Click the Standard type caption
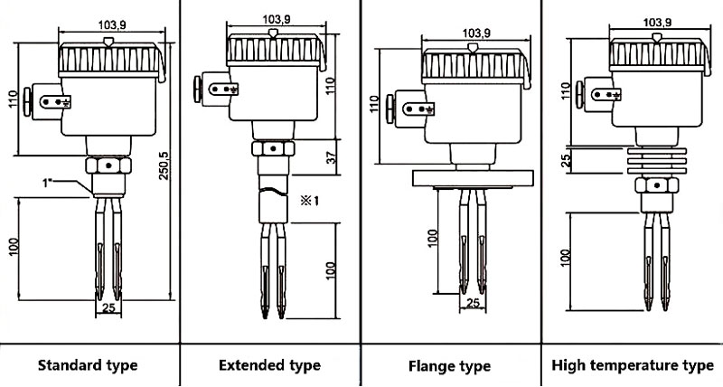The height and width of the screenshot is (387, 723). (x=88, y=365)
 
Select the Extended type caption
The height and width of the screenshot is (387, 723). (x=269, y=365)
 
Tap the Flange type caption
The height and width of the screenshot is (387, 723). (x=450, y=366)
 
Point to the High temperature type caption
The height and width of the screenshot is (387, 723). (x=631, y=365)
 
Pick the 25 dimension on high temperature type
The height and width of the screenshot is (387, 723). (x=566, y=160)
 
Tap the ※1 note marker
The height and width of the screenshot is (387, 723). (x=310, y=199)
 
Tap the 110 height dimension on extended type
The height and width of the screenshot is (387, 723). (x=331, y=88)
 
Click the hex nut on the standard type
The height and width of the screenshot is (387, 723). (x=107, y=167)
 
